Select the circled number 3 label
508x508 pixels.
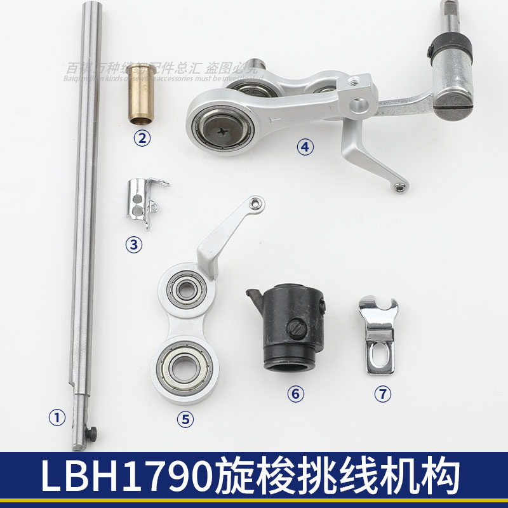[134, 243]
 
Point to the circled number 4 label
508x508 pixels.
[305, 147]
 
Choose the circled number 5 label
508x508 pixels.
[184, 418]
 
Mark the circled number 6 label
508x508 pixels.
[295, 394]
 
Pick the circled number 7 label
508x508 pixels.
[381, 394]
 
